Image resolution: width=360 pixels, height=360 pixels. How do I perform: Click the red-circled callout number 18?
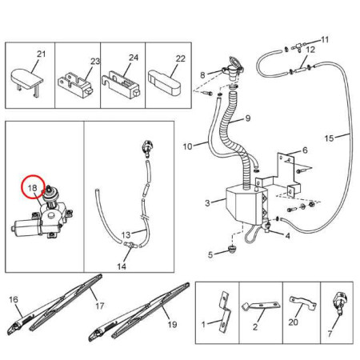point(32,188)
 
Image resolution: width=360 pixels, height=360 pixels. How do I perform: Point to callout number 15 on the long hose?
point(329,138)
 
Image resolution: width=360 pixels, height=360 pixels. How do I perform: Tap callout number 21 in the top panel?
point(41,54)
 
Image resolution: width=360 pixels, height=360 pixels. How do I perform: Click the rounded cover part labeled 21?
point(26,79)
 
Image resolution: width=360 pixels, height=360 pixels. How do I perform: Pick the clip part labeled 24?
point(121,85)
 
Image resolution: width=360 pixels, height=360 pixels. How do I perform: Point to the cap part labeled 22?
point(164,82)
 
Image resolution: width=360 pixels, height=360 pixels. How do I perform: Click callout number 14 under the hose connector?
point(122,266)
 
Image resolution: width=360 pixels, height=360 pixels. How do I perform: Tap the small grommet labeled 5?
point(232,250)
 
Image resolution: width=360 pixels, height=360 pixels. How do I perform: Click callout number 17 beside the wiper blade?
point(99,306)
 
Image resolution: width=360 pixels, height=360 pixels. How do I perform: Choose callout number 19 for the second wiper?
point(172,324)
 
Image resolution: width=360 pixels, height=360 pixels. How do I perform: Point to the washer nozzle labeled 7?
point(338,302)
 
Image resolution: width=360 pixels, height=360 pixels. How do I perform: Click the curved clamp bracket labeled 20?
point(303,303)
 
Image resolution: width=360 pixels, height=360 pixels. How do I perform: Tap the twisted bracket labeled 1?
point(225,311)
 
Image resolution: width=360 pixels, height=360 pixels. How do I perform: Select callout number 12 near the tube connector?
point(310,50)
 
